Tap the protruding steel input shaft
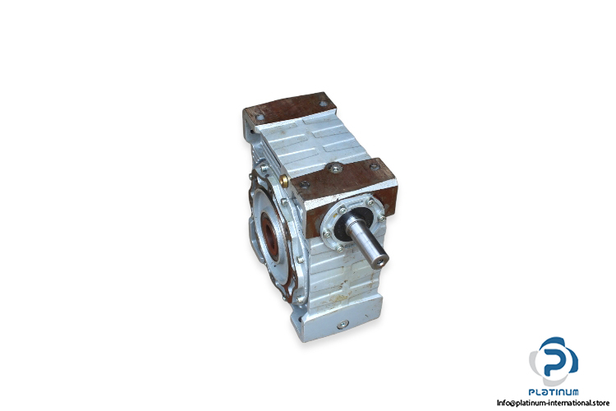tap(367, 241)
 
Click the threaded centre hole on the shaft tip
tap(380, 261)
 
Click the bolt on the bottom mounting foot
tap(342, 325)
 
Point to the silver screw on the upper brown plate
tap(335, 169)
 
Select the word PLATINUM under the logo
tap(553, 392)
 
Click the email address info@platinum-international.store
tap(553, 403)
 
